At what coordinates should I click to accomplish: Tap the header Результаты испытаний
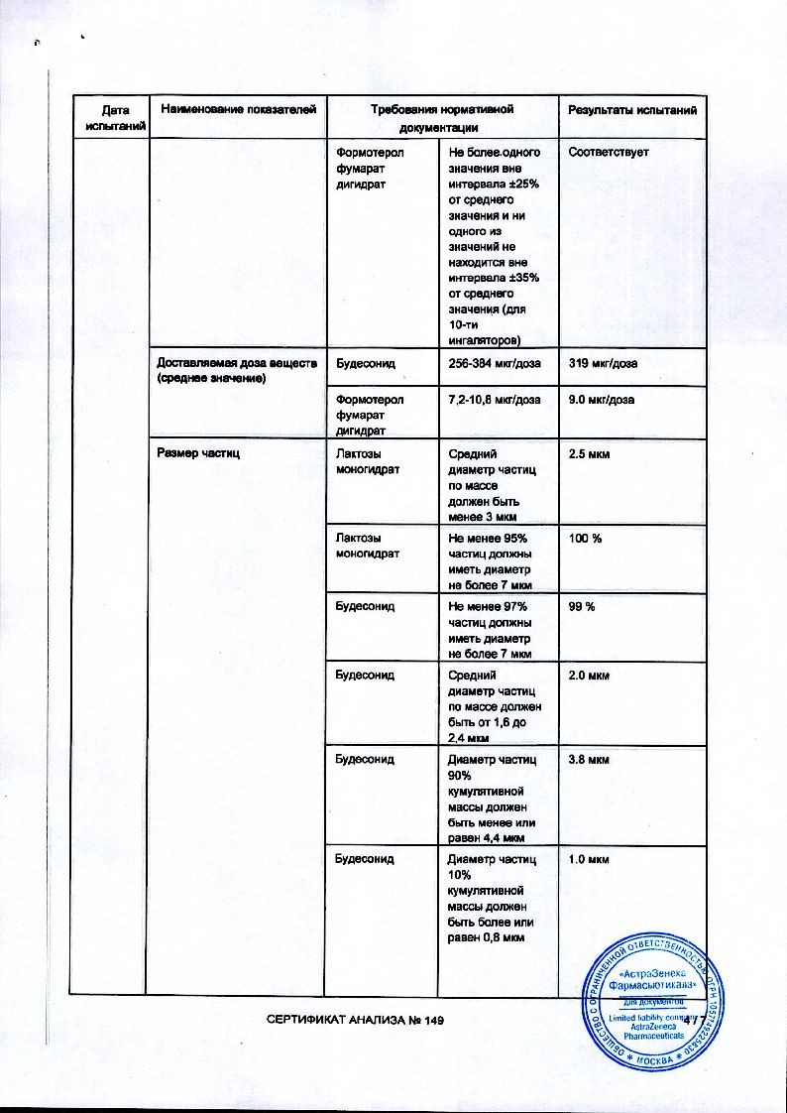tap(631, 108)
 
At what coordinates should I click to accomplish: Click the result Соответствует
tap(608, 151)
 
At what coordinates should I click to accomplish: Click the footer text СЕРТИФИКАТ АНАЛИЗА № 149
tap(352, 1023)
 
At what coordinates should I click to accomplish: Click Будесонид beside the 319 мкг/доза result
tap(366, 363)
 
